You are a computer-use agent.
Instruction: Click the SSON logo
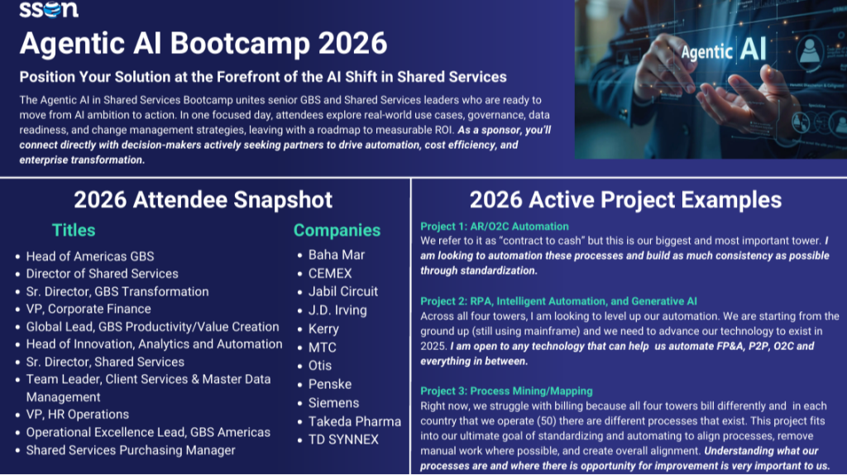click(x=49, y=9)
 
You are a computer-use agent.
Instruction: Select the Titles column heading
click(x=74, y=230)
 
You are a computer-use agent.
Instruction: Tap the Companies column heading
click(x=337, y=230)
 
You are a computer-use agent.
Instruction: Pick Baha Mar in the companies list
click(x=337, y=255)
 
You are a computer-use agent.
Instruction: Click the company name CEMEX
click(x=330, y=273)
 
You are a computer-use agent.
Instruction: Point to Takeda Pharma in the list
click(x=355, y=421)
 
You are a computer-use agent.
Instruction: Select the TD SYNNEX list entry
click(x=343, y=440)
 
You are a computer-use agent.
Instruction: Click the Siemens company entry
click(x=334, y=403)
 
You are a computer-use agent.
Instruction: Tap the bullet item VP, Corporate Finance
click(x=89, y=309)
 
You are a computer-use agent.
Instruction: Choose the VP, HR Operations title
click(x=78, y=415)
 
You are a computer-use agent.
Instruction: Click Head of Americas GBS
click(x=90, y=257)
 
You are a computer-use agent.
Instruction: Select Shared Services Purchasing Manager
click(x=131, y=450)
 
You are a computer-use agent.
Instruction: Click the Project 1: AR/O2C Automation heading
click(x=495, y=227)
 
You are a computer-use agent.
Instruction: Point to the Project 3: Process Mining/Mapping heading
click(x=506, y=391)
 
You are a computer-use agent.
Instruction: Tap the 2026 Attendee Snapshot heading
click(x=203, y=200)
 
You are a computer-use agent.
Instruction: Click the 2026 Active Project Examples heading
click(x=625, y=200)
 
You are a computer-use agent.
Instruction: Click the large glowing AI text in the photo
click(x=753, y=50)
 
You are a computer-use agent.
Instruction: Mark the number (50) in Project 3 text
click(x=548, y=420)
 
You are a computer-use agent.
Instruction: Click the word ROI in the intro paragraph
click(x=444, y=130)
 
